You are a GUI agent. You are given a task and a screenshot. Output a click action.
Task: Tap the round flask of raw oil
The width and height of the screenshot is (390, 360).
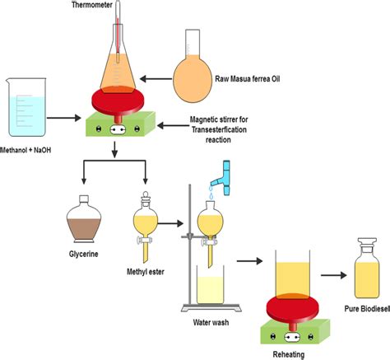pos(197,81)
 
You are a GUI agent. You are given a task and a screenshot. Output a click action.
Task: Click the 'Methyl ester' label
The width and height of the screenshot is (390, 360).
pos(146,271)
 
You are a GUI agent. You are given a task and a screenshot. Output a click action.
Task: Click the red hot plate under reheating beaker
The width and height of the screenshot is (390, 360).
pos(288,306)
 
